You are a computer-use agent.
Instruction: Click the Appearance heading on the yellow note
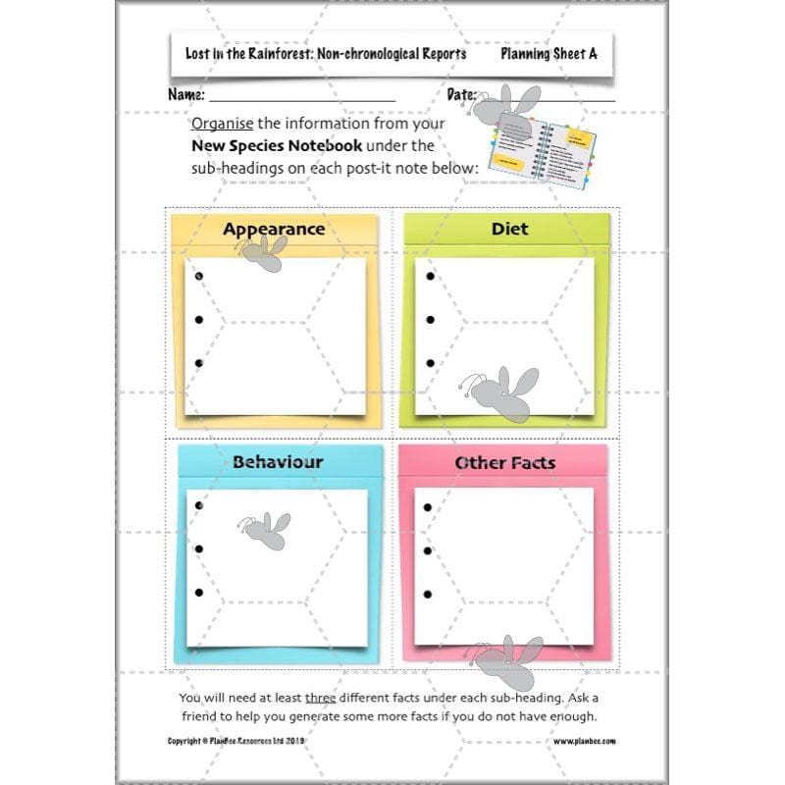[273, 230]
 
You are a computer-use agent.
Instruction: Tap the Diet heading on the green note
[509, 229]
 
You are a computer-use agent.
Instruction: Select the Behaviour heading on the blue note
[278, 461]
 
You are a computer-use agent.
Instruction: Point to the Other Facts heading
[504, 462]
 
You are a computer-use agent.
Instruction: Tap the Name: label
[186, 95]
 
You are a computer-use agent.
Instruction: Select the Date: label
[461, 95]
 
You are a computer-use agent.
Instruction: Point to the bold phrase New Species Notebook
[278, 146]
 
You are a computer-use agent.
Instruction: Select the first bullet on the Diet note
[430, 276]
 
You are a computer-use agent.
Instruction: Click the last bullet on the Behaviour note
[199, 593]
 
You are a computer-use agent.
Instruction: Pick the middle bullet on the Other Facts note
[428, 550]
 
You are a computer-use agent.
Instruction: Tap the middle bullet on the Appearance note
[199, 319]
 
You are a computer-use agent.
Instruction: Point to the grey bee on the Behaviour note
[266, 530]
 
